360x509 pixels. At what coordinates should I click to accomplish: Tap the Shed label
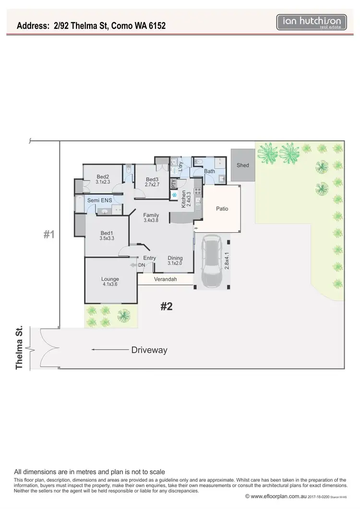[x=243, y=166]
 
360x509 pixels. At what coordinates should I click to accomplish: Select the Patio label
[x=222, y=209]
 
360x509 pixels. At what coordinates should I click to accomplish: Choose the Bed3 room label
[x=152, y=180]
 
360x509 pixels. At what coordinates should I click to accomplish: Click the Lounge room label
[x=110, y=279]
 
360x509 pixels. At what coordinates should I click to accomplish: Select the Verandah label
[x=166, y=279]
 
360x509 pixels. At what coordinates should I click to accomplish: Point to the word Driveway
[x=149, y=350]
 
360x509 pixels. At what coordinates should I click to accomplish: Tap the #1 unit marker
[x=49, y=235]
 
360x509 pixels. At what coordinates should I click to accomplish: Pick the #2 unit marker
[x=166, y=307]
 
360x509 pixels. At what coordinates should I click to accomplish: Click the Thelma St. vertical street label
[x=20, y=348]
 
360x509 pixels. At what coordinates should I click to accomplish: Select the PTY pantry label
[x=174, y=183]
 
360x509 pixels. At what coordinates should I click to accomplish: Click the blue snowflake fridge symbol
[x=174, y=195]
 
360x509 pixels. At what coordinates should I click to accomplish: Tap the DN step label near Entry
[x=141, y=265]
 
